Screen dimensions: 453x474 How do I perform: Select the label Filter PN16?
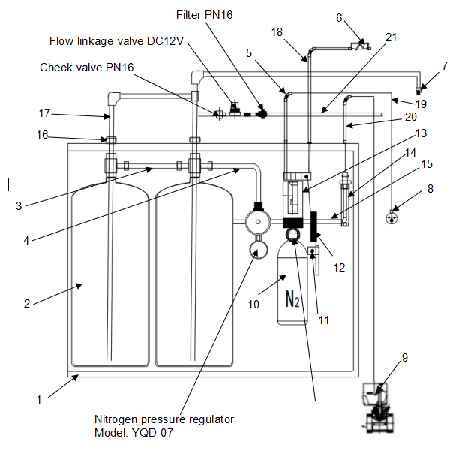tap(204, 15)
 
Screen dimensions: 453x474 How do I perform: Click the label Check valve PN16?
tap(86, 67)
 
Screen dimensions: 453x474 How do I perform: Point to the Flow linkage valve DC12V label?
tap(116, 40)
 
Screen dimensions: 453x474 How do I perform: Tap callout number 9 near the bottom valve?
tap(405, 358)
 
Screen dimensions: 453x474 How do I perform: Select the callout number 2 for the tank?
tap(26, 304)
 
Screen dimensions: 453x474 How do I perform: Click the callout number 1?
tap(39, 400)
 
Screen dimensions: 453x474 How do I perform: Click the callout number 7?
tap(445, 66)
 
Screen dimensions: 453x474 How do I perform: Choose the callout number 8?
tap(430, 190)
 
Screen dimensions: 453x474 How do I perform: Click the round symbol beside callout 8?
tap(391, 218)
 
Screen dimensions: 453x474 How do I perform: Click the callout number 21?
tap(391, 37)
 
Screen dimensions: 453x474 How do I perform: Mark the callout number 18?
tap(277, 33)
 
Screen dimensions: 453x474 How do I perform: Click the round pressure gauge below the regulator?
tap(258, 247)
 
